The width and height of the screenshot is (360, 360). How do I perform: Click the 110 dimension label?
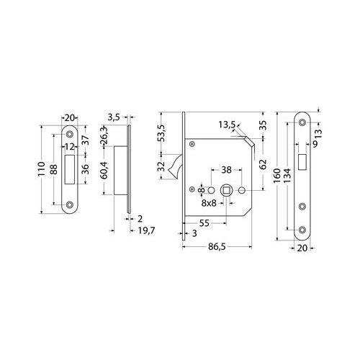tap(42, 169)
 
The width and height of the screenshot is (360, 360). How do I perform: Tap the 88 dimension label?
tap(54, 169)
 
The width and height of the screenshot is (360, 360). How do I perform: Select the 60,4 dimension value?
tap(104, 170)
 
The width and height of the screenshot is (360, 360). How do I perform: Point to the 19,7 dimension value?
tap(147, 230)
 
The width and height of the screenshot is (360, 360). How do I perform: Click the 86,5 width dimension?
tap(217, 247)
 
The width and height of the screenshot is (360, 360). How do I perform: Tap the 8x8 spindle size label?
tap(209, 203)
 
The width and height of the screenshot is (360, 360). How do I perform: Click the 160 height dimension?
tap(277, 176)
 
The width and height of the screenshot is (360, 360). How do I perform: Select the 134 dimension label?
tap(287, 176)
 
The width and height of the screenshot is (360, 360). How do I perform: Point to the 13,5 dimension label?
tap(227, 125)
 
